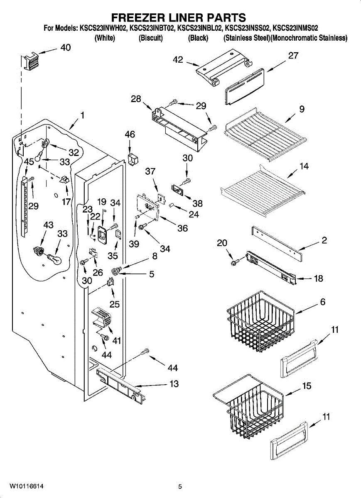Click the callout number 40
[x=66, y=47]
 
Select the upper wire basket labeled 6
[x=261, y=322]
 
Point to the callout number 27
[x=293, y=56]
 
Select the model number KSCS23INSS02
[x=248, y=28]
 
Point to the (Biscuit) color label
[x=151, y=38]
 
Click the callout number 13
[x=174, y=383]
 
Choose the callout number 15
[x=307, y=386]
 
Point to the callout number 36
[x=182, y=228]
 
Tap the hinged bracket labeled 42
[x=224, y=68]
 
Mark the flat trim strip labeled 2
[x=277, y=244]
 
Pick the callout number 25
[x=115, y=304]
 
